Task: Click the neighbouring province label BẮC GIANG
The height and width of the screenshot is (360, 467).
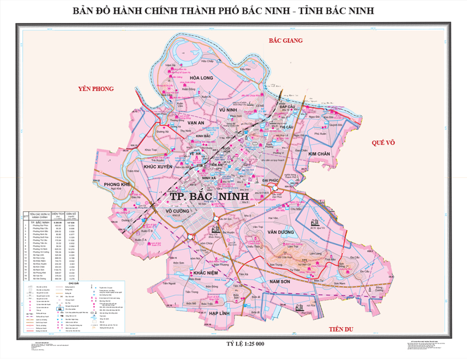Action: [286, 41]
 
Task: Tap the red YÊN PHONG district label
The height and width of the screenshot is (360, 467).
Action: [96, 88]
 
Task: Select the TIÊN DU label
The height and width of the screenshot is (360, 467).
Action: [340, 329]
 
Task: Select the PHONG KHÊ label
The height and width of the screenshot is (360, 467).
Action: [117, 185]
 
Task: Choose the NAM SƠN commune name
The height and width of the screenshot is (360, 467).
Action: [281, 281]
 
